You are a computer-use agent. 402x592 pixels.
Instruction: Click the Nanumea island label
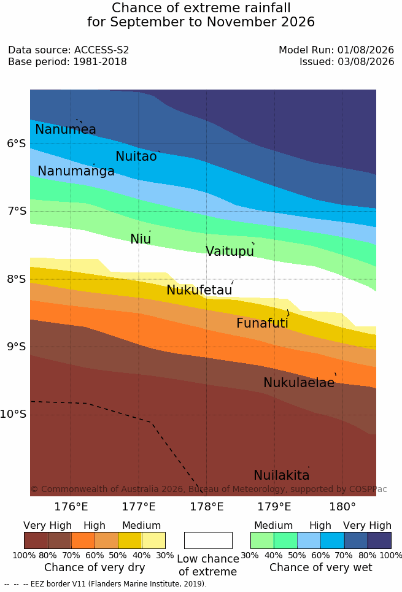click(65, 129)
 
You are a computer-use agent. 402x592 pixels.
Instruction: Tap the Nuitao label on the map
click(136, 156)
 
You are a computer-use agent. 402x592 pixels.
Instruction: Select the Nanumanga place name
click(76, 171)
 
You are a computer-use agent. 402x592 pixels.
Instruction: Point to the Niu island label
click(141, 239)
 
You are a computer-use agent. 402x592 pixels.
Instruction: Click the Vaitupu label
click(230, 251)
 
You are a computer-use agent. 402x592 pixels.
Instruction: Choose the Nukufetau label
click(199, 290)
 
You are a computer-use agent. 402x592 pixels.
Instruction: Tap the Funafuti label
click(262, 323)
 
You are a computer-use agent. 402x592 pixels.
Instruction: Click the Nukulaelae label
click(299, 382)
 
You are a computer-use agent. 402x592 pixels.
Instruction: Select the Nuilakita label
click(282, 475)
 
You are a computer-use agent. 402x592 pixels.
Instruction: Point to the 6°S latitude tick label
click(17, 144)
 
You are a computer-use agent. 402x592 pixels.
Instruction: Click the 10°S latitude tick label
click(14, 414)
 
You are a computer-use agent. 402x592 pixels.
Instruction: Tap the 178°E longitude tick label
click(206, 507)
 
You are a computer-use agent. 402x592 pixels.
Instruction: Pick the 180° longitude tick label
click(342, 507)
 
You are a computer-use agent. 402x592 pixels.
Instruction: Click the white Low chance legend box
click(208, 540)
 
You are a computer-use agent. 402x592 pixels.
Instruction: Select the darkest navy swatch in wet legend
click(379, 540)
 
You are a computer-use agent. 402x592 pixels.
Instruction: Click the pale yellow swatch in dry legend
click(154, 540)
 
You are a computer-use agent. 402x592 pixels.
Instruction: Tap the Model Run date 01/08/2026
click(366, 50)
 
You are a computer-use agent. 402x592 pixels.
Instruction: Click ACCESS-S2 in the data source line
click(101, 50)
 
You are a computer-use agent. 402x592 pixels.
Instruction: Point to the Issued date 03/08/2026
click(366, 61)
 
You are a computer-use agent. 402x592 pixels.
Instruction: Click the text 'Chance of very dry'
click(95, 567)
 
